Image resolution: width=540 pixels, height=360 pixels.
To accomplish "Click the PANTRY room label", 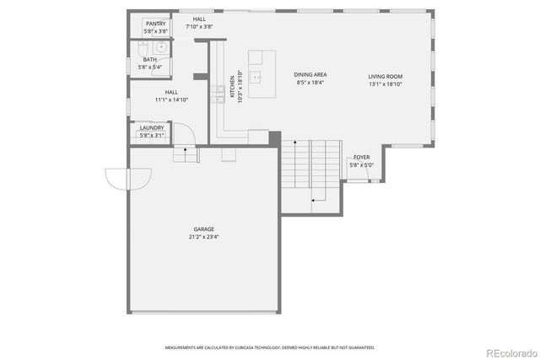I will [155, 24].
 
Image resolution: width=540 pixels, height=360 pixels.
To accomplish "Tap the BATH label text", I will [149, 60].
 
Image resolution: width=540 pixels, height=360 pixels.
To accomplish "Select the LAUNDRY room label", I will [152, 128].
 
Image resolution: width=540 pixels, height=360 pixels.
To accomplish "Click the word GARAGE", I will [203, 228].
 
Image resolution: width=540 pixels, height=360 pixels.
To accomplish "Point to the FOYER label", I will [361, 158].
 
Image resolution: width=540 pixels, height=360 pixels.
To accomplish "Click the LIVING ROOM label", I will [385, 76].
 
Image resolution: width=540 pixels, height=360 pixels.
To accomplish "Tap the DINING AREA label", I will [310, 76].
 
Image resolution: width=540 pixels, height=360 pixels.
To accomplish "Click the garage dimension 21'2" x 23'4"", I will [203, 236].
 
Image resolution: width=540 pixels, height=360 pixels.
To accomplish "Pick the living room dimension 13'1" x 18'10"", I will [385, 83].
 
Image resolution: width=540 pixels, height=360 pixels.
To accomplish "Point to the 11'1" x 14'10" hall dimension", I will [171, 99].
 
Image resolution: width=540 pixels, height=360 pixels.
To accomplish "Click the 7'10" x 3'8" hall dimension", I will [199, 26].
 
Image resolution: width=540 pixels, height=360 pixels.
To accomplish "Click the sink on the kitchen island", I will [260, 78].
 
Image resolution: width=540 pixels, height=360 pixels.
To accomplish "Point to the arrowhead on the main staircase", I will [314, 201].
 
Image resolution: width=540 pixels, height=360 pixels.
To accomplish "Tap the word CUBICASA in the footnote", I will [252, 347].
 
